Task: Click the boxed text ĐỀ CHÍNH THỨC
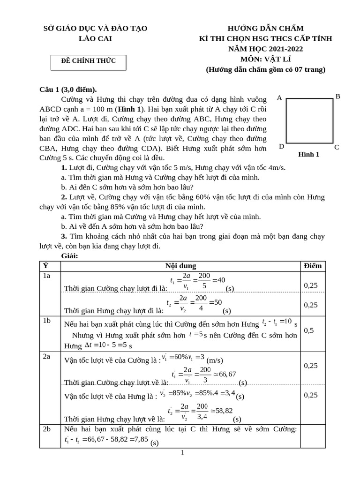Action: point(88,60)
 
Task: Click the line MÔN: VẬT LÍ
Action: point(265,59)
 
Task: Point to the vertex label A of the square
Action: point(279,98)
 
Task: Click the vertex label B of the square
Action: point(337,97)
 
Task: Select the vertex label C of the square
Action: point(337,147)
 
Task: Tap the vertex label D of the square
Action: point(281,146)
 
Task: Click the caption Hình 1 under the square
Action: point(308,154)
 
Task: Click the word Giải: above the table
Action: point(70,256)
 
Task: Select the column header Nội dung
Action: point(180,266)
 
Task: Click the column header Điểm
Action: point(313,266)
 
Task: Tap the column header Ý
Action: point(45,266)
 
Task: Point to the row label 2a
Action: point(46,357)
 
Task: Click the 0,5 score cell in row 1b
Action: point(309,330)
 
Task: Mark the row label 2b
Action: point(46,429)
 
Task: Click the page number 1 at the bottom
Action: point(182,452)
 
